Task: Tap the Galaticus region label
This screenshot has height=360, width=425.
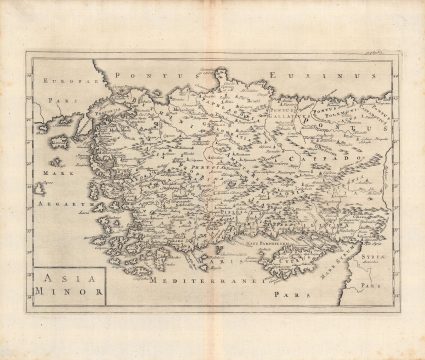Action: click(x=291, y=113)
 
